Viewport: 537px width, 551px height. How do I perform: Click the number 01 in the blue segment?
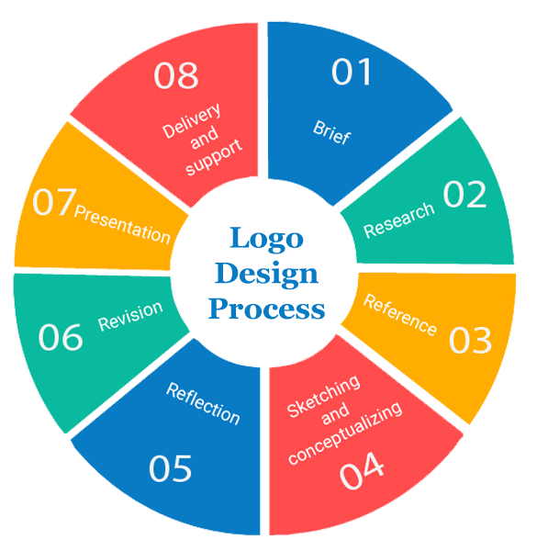point(352,72)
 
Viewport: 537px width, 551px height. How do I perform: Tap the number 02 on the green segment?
point(465,194)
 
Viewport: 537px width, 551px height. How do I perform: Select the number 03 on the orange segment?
point(471,340)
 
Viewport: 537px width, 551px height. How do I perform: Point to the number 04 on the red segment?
point(362,470)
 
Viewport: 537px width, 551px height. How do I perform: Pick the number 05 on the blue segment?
point(171,468)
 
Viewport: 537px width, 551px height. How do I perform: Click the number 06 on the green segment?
point(61,337)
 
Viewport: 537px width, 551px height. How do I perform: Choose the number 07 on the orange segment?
point(54,202)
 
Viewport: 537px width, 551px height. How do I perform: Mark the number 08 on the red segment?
point(176,75)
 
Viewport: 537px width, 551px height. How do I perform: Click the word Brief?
point(331,133)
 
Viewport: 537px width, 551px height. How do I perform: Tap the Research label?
point(399,220)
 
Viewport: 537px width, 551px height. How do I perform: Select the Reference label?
point(400,314)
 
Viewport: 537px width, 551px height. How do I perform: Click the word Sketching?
point(323,396)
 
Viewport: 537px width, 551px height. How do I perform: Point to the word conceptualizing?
point(345,433)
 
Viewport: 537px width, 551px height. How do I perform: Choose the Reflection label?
point(204,404)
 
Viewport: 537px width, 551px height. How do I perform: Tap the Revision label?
point(130,316)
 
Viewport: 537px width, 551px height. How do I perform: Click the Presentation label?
point(123,225)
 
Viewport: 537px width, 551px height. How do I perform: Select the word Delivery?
point(192,120)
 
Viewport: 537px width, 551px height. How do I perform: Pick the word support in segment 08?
point(214,157)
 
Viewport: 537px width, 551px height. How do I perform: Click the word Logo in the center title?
point(266,239)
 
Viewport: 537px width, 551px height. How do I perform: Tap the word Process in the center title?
point(266,309)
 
